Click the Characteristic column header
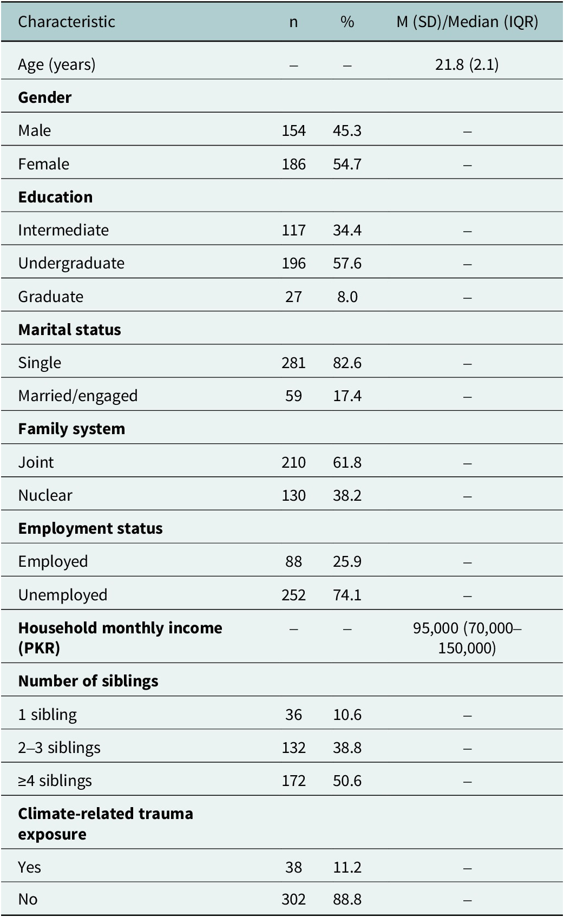[x=66, y=22]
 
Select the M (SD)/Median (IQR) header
[x=467, y=22]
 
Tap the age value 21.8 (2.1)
[x=467, y=64]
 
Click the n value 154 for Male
[x=293, y=130]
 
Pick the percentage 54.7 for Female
[x=347, y=164]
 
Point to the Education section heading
[x=55, y=197]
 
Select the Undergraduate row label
[x=71, y=263]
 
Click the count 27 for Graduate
[x=293, y=297]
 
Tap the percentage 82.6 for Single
[x=347, y=363]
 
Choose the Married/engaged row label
[x=78, y=396]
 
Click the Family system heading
[x=71, y=429]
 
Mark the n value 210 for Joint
[x=293, y=463]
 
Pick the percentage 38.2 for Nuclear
[x=347, y=496]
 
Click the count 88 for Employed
[x=293, y=562]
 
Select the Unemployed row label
[x=63, y=595]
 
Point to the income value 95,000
[x=436, y=628]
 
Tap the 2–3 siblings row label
[x=60, y=748]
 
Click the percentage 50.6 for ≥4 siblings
[x=347, y=781]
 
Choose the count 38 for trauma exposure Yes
[x=293, y=867]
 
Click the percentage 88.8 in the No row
[x=347, y=899]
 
